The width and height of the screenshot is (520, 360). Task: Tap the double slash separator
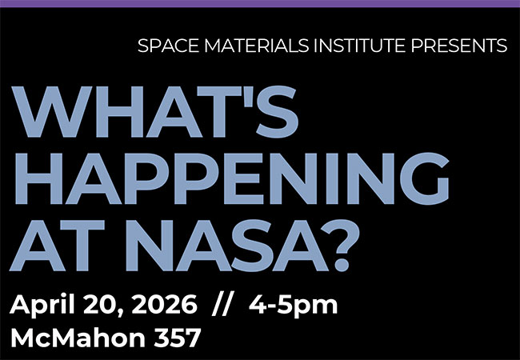coord(222,305)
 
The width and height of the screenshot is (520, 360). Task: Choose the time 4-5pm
coord(293,306)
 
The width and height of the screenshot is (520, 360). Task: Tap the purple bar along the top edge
coord(260,3)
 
